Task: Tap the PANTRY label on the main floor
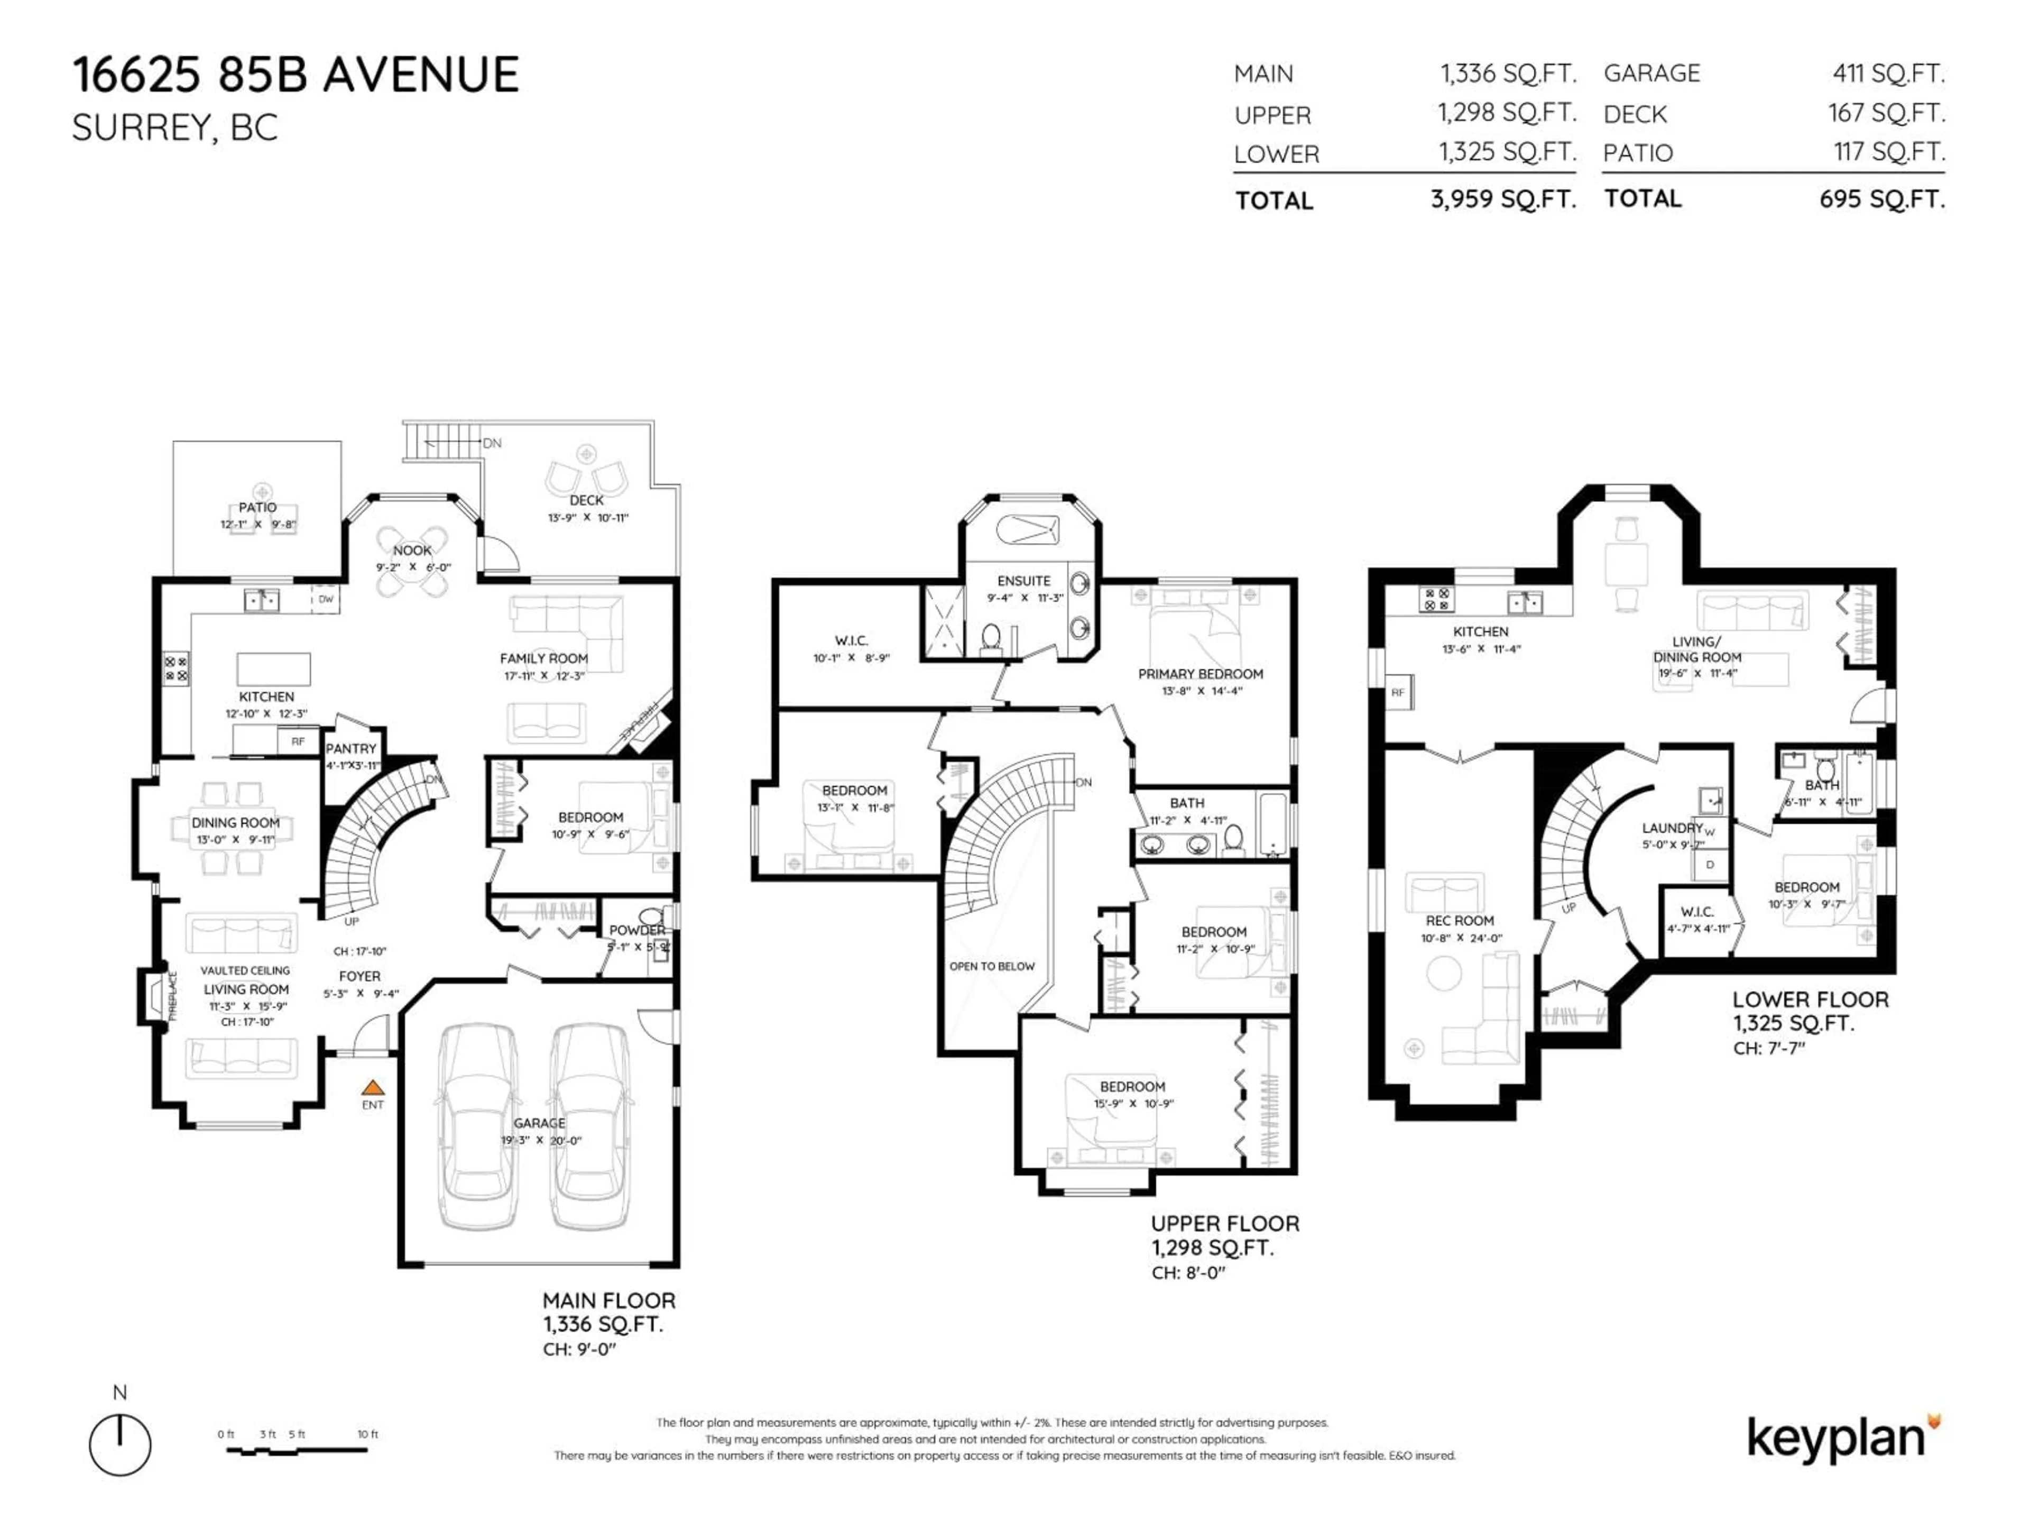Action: pos(350,748)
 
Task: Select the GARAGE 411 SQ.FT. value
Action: pos(1889,74)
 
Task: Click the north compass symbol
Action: pos(120,1445)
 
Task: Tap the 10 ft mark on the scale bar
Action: pos(367,1434)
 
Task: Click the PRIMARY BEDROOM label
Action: pos(1201,674)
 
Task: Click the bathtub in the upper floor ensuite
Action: pos(1028,530)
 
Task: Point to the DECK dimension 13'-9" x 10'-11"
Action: pos(587,518)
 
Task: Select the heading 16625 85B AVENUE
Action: pos(296,75)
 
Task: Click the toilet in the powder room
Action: pos(652,916)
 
